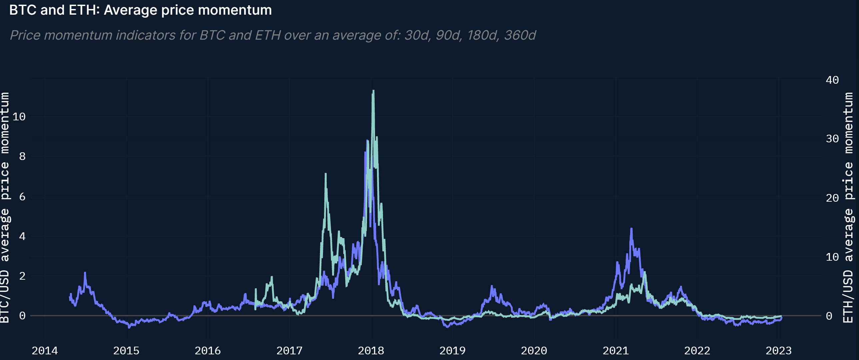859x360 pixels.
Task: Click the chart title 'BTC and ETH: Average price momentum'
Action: (140, 10)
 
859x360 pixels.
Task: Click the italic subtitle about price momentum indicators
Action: (273, 35)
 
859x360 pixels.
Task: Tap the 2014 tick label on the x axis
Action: (45, 351)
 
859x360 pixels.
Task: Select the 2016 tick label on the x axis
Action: (207, 351)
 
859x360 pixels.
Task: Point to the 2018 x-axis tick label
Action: (371, 351)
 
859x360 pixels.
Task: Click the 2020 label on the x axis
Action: (534, 351)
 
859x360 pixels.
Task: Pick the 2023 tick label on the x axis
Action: (778, 351)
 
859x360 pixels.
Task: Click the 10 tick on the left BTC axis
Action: (19, 117)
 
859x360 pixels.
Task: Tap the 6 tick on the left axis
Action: (22, 197)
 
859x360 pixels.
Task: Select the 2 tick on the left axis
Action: (22, 276)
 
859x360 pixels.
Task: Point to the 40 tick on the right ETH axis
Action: (832, 80)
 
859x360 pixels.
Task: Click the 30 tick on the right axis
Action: (832, 139)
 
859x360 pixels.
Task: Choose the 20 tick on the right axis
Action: (832, 198)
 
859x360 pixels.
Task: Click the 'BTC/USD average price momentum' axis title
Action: (5, 207)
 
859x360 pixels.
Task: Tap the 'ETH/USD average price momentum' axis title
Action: (849, 207)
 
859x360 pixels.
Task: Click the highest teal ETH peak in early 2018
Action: (373, 91)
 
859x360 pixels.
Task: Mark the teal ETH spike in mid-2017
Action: (325, 174)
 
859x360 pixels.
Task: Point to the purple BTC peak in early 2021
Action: (631, 229)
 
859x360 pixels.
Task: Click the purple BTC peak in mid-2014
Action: (85, 273)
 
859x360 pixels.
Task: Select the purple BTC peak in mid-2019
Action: (492, 286)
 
